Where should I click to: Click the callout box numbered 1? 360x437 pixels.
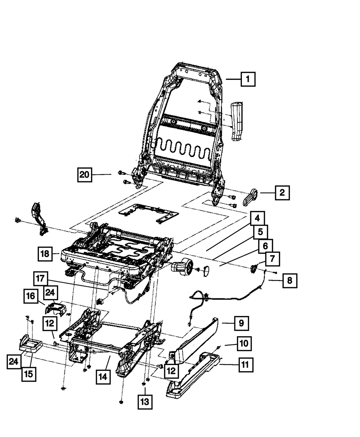248,79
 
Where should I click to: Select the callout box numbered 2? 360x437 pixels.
282,193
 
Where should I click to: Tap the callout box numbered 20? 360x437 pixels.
84,175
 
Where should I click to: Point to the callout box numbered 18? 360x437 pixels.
45,253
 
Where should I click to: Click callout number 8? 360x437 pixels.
290,280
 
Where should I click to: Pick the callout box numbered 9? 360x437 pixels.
241,323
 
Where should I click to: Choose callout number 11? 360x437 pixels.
245,365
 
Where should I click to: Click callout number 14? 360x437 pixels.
103,377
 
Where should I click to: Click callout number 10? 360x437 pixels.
244,344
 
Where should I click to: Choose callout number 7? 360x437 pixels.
272,258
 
